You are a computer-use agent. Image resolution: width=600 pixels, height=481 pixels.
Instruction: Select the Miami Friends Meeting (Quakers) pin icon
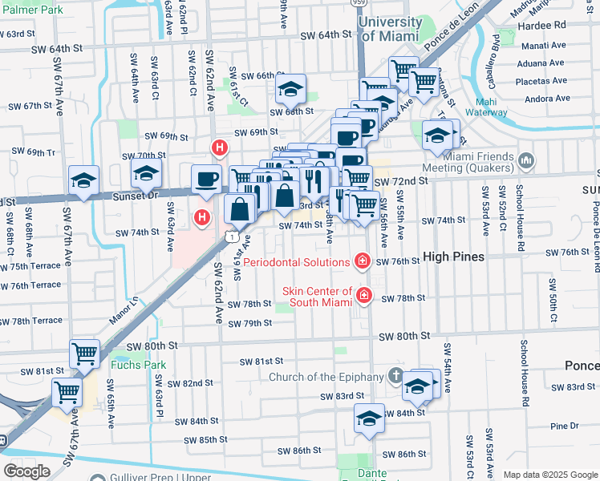pyautogui.click(x=526, y=161)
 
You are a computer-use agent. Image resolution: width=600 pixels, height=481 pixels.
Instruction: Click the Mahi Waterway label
pyautogui.click(x=504, y=107)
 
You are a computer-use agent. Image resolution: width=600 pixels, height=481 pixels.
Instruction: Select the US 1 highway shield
pyautogui.click(x=231, y=236)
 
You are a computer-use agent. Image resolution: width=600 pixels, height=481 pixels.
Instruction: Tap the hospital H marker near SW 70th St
pyautogui.click(x=219, y=148)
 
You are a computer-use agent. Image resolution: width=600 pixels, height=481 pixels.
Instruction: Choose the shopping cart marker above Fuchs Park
pyautogui.click(x=84, y=353)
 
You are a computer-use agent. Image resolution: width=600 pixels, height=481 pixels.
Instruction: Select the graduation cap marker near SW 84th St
pyautogui.click(x=368, y=418)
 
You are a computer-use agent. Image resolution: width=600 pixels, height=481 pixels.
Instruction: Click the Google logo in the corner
pyautogui.click(x=26, y=471)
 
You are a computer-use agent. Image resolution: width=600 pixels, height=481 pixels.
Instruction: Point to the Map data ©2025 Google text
pyautogui.click(x=550, y=475)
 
